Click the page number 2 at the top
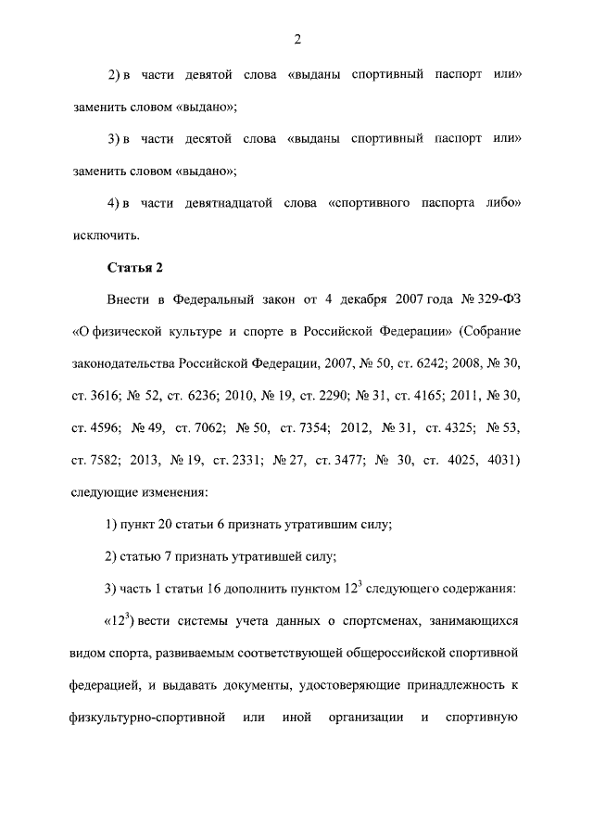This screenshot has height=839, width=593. coord(296,38)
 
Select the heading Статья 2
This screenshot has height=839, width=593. coord(134,268)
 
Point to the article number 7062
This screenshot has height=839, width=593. coord(197,430)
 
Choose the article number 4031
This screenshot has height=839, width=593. coord(500,463)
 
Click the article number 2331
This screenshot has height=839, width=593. coord(234,463)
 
